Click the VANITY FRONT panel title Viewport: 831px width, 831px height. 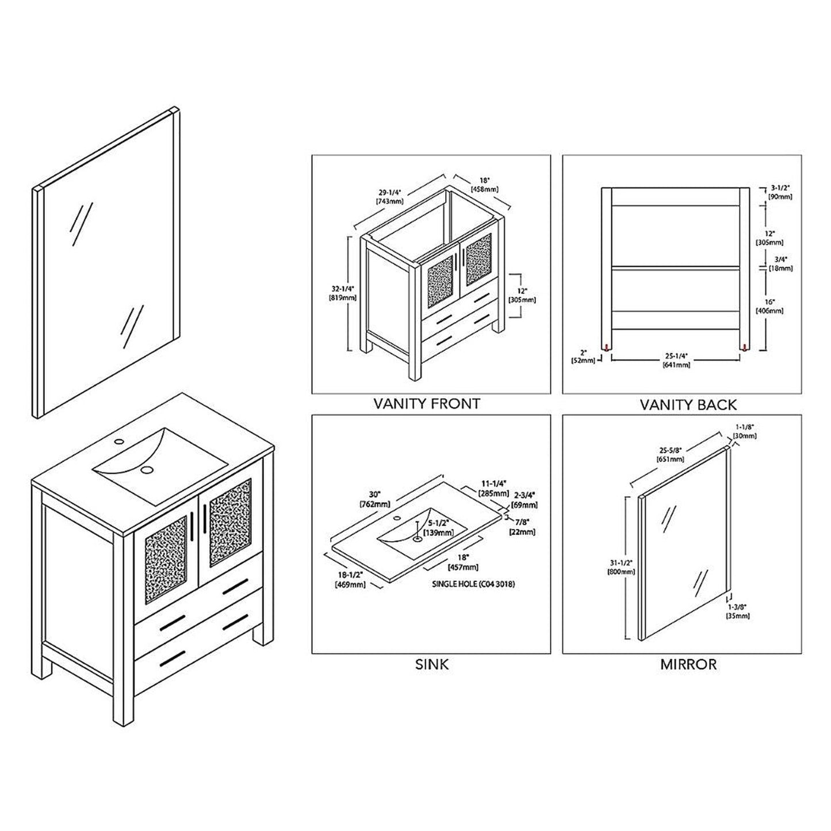point(426,404)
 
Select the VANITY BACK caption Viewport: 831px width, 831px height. point(688,405)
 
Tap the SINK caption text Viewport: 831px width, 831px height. point(431,665)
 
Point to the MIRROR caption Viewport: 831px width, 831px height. point(688,665)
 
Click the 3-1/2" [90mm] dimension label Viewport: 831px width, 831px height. point(780,192)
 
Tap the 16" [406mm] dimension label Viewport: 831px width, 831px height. point(770,306)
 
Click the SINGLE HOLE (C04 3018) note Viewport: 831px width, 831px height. point(473,584)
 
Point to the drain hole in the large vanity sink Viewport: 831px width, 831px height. point(147,469)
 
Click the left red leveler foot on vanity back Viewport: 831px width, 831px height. point(606,347)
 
